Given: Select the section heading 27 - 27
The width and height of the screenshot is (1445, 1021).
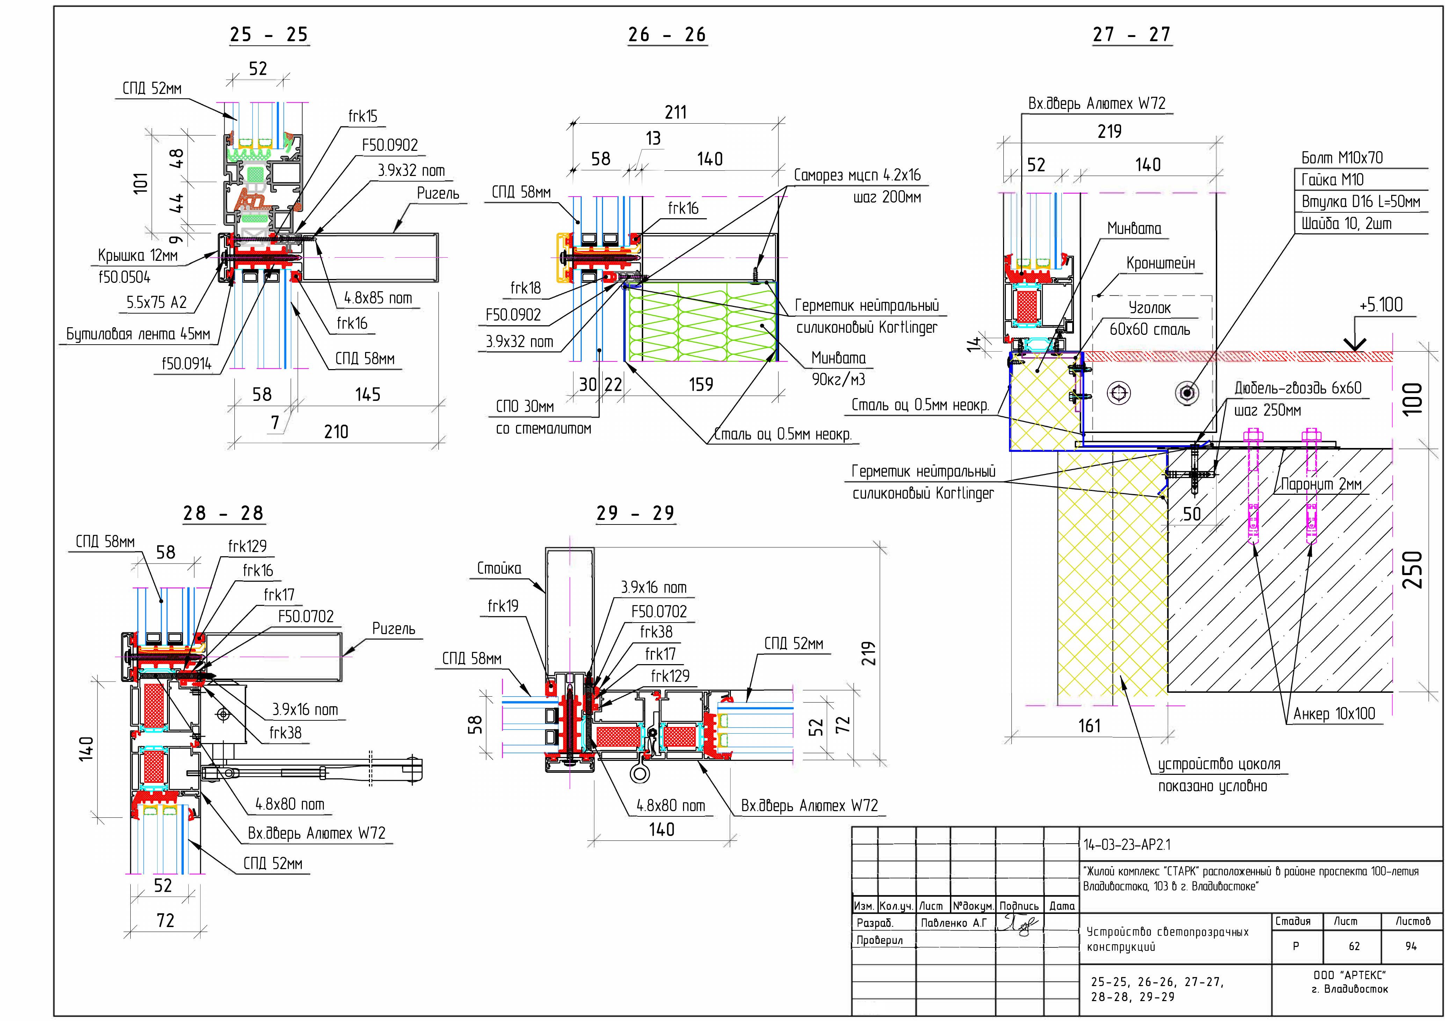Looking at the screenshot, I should (1132, 35).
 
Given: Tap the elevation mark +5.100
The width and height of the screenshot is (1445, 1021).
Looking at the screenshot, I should (1381, 305).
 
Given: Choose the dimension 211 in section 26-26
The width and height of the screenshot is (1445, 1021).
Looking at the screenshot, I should (675, 112).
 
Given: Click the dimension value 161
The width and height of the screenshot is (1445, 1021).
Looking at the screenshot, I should (1089, 726).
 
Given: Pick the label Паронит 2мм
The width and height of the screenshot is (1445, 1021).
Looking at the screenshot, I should (1321, 484).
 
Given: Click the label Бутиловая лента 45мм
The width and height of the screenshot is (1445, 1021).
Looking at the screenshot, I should (138, 334).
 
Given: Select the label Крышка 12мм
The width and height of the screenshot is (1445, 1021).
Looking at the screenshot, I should (138, 255).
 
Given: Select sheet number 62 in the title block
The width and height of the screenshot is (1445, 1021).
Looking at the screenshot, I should (1354, 946).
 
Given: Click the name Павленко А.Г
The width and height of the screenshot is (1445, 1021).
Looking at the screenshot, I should (953, 923).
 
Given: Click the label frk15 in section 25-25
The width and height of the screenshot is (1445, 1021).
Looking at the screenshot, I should (363, 116).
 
